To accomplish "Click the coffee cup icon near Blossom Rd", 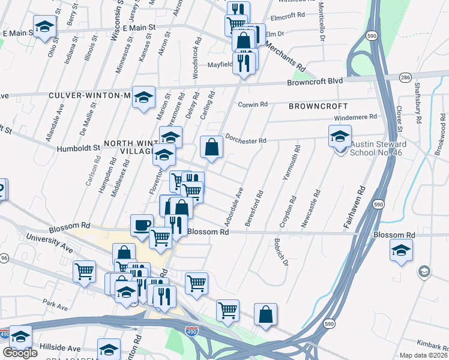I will click(142, 226).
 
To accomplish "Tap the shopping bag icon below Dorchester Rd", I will click(211, 147).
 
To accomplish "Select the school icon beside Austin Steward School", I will click(340, 136).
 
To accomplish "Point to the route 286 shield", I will click(405, 77).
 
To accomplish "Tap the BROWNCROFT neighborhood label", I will click(318, 106).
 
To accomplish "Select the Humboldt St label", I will click(79, 147).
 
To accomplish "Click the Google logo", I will click(19, 353).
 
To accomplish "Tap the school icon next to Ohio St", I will click(44, 26).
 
